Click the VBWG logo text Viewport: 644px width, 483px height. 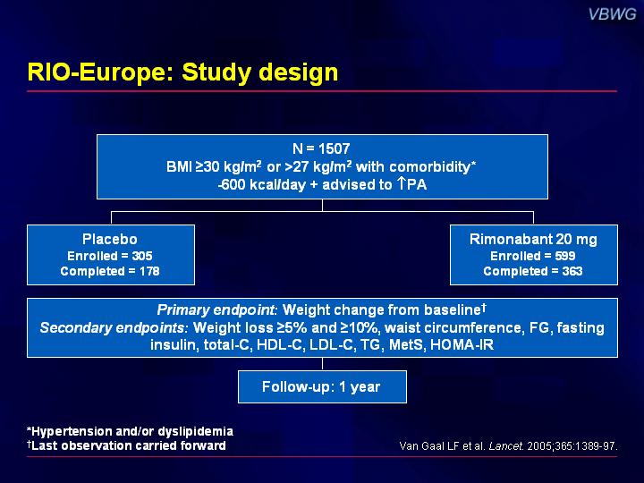click(x=612, y=14)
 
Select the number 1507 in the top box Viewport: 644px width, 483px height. click(x=334, y=148)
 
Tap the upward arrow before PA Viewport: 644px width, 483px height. click(x=402, y=183)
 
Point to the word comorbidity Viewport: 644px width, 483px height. click(x=432, y=166)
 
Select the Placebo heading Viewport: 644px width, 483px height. click(x=110, y=239)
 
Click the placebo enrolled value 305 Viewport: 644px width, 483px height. click(x=142, y=256)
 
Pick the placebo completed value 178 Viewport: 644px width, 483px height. click(x=149, y=271)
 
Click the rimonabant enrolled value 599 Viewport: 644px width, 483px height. click(x=565, y=256)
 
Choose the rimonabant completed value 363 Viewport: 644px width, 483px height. click(x=572, y=271)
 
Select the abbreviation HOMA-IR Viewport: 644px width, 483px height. click(x=462, y=344)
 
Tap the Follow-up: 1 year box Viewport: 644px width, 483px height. click(x=322, y=387)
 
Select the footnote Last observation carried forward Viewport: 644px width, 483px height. click(x=126, y=445)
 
